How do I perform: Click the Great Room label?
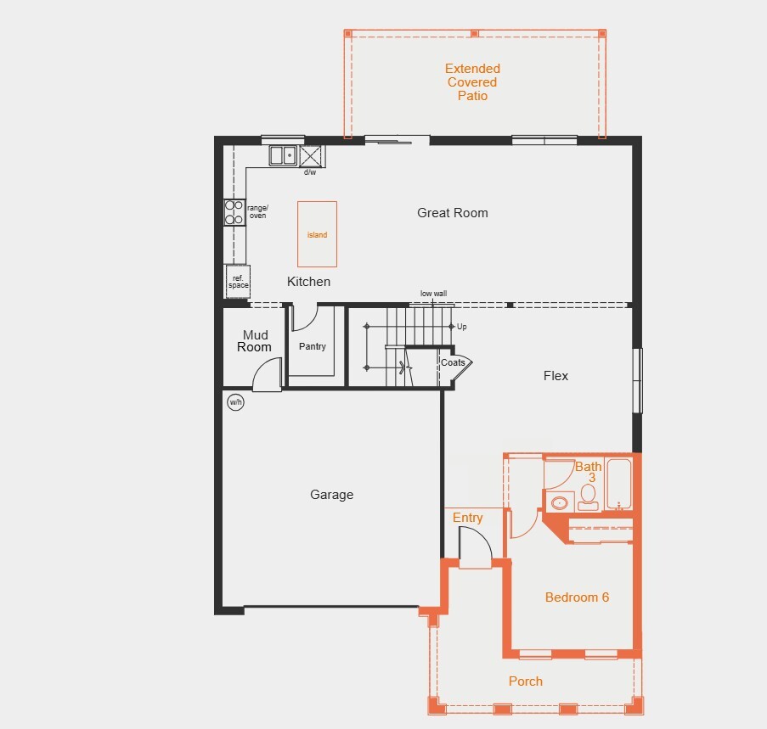coord(453,213)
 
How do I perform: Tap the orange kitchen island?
coord(317,234)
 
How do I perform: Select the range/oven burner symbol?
coord(234,212)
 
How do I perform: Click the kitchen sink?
coord(283,155)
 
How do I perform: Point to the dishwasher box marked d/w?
coord(311,156)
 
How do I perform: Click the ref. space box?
coord(238,282)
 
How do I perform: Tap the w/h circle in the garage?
coord(236,402)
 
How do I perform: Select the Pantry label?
coord(312,346)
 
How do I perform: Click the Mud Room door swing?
coord(267,374)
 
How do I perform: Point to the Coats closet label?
coord(453,362)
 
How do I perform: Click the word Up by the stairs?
coord(462,327)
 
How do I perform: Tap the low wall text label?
coord(433,294)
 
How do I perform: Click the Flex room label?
coord(556,376)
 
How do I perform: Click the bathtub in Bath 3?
coord(619,485)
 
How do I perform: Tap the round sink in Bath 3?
coord(559,502)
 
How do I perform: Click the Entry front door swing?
coord(475,547)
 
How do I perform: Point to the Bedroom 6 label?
coord(577,597)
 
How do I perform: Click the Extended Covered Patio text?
coord(472,82)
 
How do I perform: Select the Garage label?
coord(331,495)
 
